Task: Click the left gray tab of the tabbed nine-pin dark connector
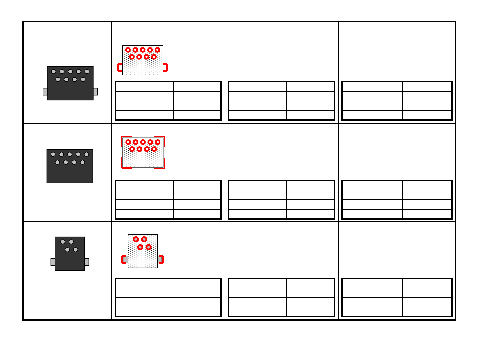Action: pyautogui.click(x=45, y=92)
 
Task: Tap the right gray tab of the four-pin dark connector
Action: pyautogui.click(x=87, y=262)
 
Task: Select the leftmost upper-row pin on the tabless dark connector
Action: pyautogui.click(x=53, y=154)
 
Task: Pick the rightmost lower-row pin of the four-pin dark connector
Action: pyautogui.click(x=76, y=250)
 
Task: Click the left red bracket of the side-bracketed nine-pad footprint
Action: pyautogui.click(x=119, y=67)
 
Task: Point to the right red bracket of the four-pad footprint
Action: pyautogui.click(x=161, y=259)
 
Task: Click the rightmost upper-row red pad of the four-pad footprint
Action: pyautogui.click(x=144, y=239)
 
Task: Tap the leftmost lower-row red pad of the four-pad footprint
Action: pyautogui.click(x=140, y=247)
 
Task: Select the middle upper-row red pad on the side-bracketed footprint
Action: pyautogui.click(x=143, y=50)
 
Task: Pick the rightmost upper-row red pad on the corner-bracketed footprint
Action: pyautogui.click(x=158, y=142)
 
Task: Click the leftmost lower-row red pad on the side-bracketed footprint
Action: pyautogui.click(x=132, y=57)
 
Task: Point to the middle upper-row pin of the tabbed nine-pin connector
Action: pyautogui.click(x=70, y=72)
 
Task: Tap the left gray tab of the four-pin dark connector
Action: pyautogui.click(x=53, y=262)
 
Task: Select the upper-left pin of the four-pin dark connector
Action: pyautogui.click(x=63, y=242)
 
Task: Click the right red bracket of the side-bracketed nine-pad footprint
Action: pyautogui.click(x=166, y=67)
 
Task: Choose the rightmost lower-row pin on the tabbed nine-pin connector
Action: pyautogui.click(x=83, y=80)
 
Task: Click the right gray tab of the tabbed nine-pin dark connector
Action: pyautogui.click(x=96, y=92)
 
